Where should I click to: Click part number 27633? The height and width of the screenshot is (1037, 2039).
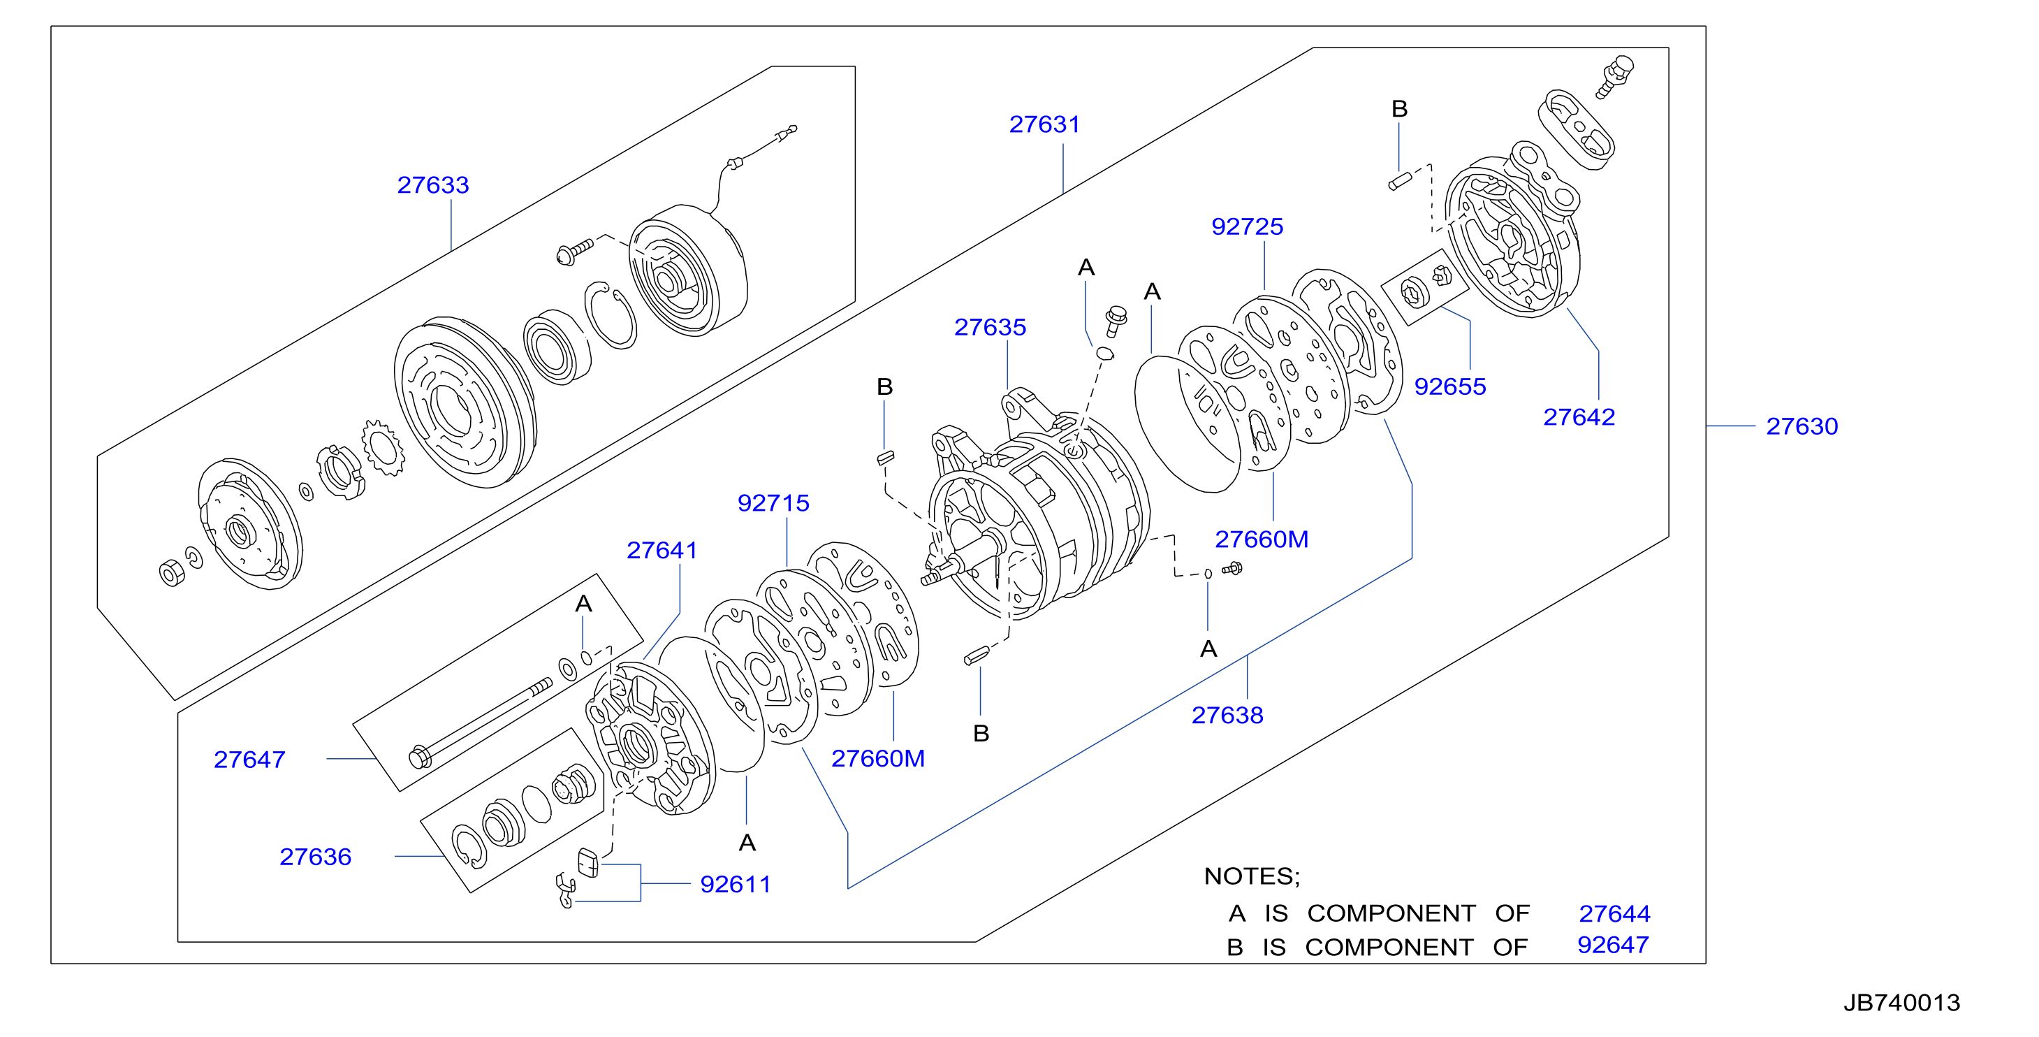click(x=433, y=185)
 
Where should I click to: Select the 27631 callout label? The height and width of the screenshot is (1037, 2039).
click(x=1044, y=124)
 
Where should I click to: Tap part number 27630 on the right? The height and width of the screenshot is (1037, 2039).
click(x=1802, y=427)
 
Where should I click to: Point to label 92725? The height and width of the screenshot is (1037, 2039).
click(x=1247, y=226)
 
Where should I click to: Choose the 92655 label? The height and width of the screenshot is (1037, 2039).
click(x=1449, y=386)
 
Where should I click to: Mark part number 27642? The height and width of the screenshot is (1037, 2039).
click(x=1579, y=417)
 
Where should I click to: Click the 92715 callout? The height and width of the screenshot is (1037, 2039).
click(x=773, y=502)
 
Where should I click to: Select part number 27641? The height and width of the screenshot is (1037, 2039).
click(x=662, y=550)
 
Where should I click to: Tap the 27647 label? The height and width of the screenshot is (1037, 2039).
click(x=249, y=760)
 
